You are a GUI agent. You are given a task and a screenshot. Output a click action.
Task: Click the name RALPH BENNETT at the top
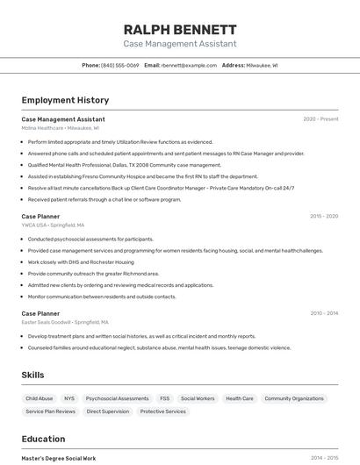click(x=180, y=29)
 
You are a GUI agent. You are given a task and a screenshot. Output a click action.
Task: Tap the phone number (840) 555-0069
click(x=120, y=65)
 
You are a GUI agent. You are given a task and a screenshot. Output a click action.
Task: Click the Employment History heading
click(x=65, y=100)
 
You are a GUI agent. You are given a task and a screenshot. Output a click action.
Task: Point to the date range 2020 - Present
click(x=320, y=119)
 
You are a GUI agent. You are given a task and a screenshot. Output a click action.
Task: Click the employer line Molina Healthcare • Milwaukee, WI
click(x=61, y=128)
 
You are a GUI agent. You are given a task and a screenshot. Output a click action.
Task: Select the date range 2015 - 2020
click(x=324, y=216)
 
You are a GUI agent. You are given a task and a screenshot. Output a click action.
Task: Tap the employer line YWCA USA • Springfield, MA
click(x=53, y=225)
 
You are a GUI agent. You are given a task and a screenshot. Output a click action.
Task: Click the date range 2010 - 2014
click(x=324, y=313)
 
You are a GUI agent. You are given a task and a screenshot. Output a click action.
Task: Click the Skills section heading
click(x=33, y=375)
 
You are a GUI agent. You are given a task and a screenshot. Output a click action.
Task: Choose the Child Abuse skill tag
click(x=40, y=398)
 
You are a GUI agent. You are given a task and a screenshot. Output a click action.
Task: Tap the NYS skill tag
click(x=69, y=398)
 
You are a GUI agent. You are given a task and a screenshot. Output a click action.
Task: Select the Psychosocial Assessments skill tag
click(x=117, y=398)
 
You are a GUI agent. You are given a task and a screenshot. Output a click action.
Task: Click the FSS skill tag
click(x=165, y=398)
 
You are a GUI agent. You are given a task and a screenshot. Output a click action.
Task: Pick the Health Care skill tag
click(x=240, y=398)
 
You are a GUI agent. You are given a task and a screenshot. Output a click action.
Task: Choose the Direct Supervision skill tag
click(x=108, y=411)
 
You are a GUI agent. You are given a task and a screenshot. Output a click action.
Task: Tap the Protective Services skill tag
click(x=163, y=411)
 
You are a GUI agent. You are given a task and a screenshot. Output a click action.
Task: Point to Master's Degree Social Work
click(x=59, y=458)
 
